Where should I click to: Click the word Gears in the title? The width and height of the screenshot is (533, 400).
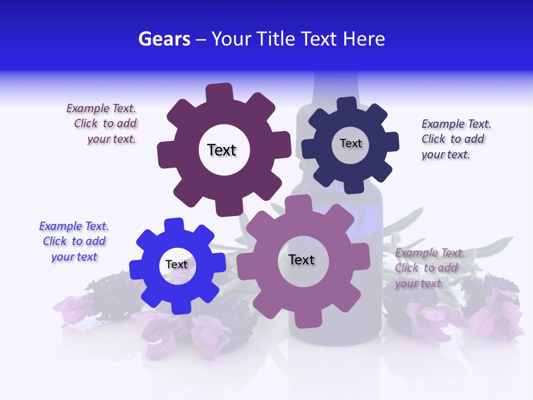coord(164,39)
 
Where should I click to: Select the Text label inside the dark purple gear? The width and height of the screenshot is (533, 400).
coord(222,150)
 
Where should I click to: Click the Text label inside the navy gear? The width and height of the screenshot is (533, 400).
coord(350,143)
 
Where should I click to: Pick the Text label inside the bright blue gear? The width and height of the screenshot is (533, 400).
coord(177,264)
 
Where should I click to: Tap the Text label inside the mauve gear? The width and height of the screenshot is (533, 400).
coord(301,259)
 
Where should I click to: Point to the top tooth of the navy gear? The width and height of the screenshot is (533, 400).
coord(347,104)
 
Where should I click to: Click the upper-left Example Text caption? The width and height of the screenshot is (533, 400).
coord(103,124)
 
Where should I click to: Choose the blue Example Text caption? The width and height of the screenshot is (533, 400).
coord(74,242)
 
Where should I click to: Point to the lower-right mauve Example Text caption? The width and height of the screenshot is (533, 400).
coord(428,268)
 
